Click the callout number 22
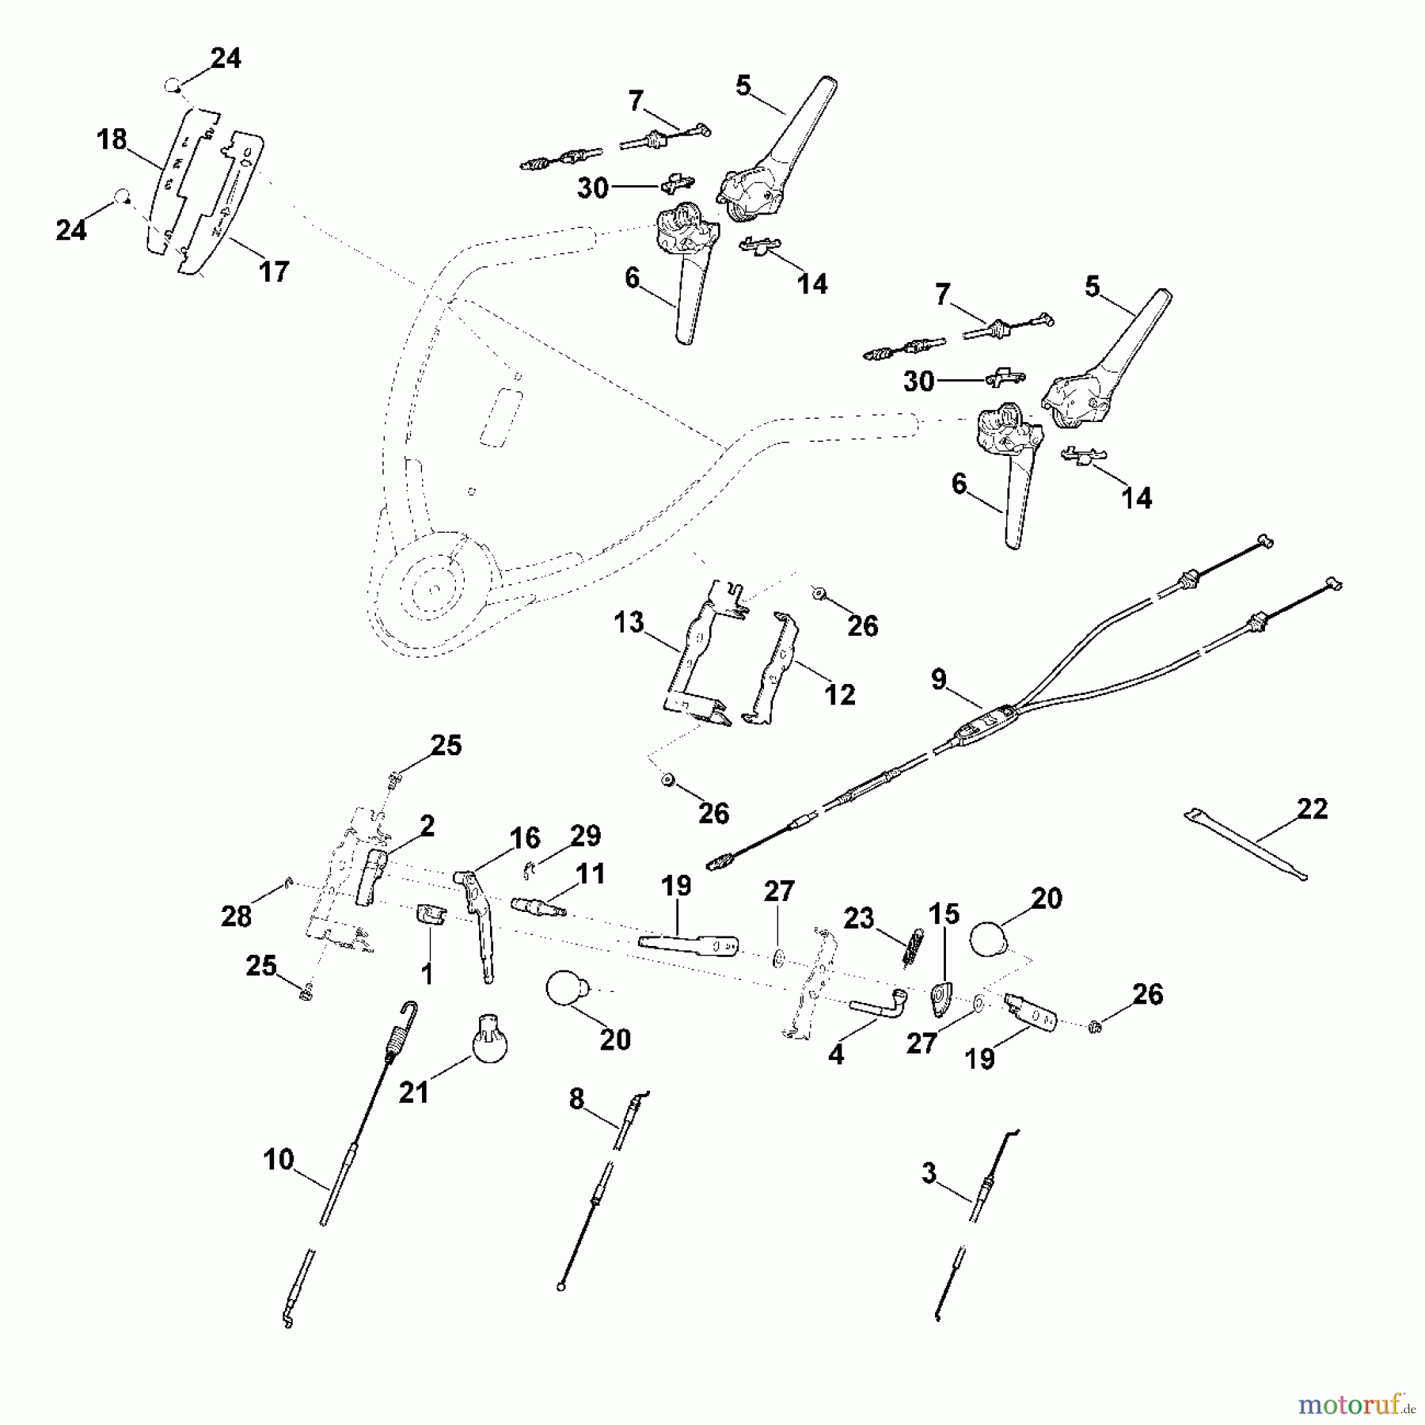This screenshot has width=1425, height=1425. [1312, 809]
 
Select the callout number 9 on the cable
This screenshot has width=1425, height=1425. [938, 679]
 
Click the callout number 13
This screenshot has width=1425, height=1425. [629, 622]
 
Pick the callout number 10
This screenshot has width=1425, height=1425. [279, 1160]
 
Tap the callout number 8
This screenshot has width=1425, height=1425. [576, 1099]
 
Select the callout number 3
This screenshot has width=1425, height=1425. [929, 1173]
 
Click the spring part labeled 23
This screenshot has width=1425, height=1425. [914, 945]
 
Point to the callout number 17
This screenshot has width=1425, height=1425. [274, 272]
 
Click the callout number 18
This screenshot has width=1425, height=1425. [112, 139]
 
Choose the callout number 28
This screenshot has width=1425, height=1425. [236, 916]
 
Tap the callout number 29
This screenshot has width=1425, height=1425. [586, 836]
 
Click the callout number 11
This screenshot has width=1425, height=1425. [590, 874]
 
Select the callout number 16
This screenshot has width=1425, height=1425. [524, 838]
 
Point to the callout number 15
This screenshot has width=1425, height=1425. [944, 914]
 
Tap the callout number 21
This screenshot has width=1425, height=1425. [413, 1092]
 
